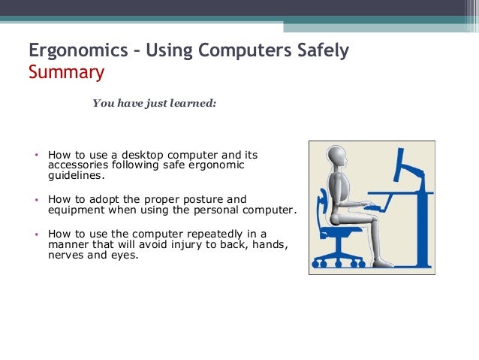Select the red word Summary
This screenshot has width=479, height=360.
click(66, 73)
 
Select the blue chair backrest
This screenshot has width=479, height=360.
click(325, 203)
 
